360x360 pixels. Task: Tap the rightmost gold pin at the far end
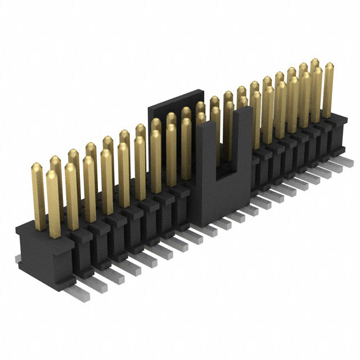(x=327, y=90)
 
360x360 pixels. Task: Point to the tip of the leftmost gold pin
(x=36, y=166)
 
